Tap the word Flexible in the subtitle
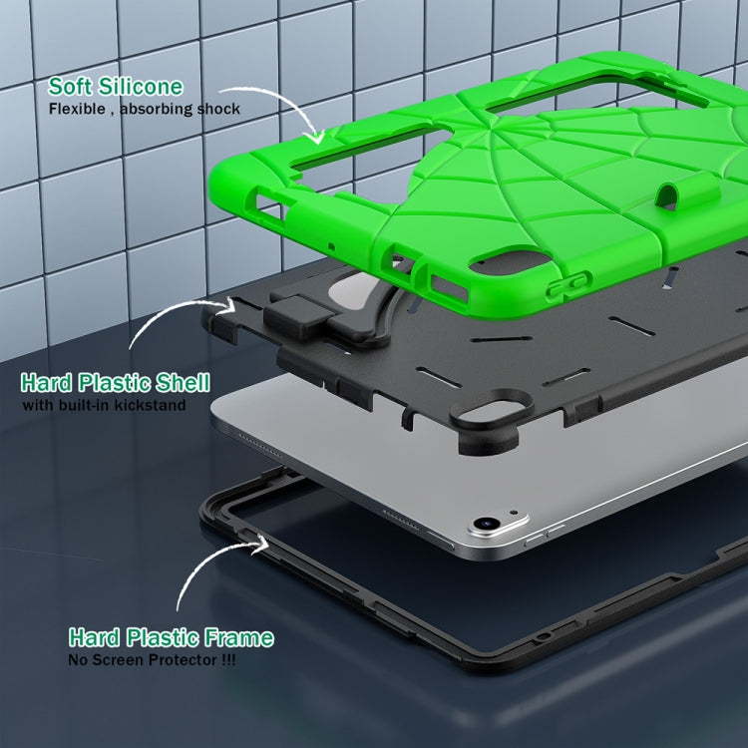tap(77, 110)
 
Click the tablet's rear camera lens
tap(486, 524)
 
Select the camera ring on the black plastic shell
tap(491, 409)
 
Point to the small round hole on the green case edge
tap(331, 246)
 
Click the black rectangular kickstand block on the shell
tap(299, 316)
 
